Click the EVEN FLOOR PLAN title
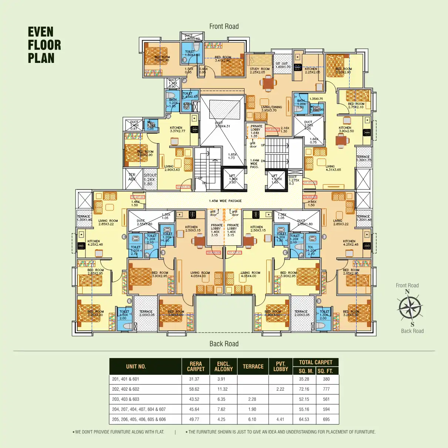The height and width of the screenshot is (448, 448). (x=44, y=45)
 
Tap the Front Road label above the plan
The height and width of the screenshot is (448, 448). (x=224, y=26)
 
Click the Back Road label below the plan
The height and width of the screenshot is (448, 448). (x=224, y=344)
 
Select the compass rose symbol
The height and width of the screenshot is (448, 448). (x=410, y=308)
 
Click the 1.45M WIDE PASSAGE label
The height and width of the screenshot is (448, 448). (x=225, y=201)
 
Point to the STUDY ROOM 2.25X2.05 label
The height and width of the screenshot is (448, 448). (x=259, y=71)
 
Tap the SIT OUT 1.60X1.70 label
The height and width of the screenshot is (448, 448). (x=283, y=65)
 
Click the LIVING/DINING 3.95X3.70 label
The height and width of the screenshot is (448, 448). (x=271, y=109)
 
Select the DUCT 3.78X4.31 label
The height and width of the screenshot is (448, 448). (x=222, y=124)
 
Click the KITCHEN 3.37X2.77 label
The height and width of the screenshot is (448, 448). (x=177, y=129)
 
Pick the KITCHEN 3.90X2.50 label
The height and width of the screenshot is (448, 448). (x=346, y=129)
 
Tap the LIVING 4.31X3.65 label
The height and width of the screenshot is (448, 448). (x=333, y=168)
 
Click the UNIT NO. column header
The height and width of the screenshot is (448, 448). (x=136, y=367)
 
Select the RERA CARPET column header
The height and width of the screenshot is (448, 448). (x=196, y=367)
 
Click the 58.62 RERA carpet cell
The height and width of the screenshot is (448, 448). (x=194, y=389)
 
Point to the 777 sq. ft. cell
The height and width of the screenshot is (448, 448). (x=326, y=389)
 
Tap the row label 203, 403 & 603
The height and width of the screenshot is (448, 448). (x=126, y=399)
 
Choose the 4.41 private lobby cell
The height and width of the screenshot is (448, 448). (x=280, y=420)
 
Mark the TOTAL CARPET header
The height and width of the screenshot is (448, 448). (x=316, y=363)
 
